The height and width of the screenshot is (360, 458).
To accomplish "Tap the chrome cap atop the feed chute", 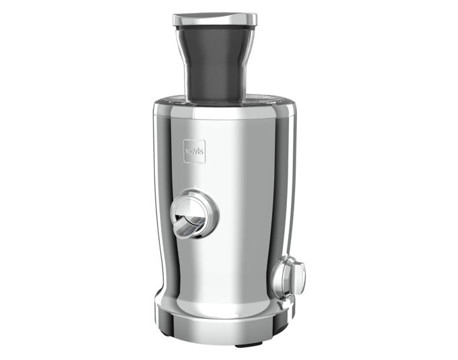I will pyautogui.click(x=215, y=19).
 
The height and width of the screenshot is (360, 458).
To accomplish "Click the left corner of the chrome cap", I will pyautogui.click(x=176, y=20).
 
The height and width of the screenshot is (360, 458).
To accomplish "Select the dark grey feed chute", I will pyautogui.click(x=216, y=61).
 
